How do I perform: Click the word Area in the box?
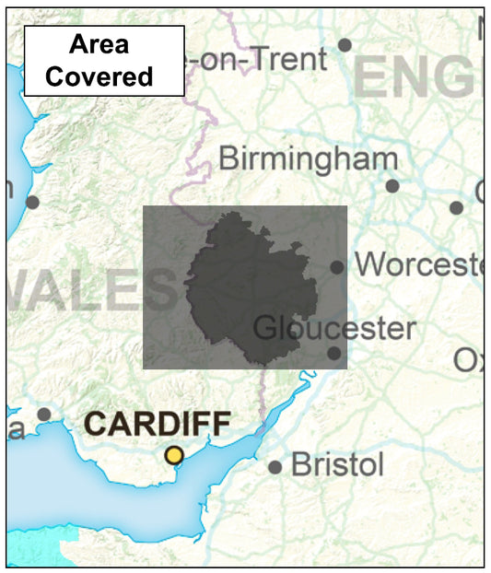(x=99, y=44)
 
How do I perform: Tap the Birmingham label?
(x=308, y=158)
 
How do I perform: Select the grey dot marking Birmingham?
(x=392, y=186)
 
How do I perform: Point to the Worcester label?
(x=419, y=264)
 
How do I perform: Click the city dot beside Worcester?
(x=337, y=267)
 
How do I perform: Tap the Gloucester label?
(x=333, y=328)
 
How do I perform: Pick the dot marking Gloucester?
(x=333, y=353)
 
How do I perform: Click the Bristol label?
(x=337, y=465)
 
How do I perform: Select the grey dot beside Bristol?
(x=275, y=467)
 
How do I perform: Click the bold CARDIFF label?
(x=158, y=426)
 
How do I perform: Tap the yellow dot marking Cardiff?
(x=173, y=455)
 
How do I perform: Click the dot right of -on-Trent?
(x=345, y=45)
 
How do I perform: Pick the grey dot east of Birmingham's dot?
(x=456, y=207)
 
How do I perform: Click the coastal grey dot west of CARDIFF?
(x=43, y=415)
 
